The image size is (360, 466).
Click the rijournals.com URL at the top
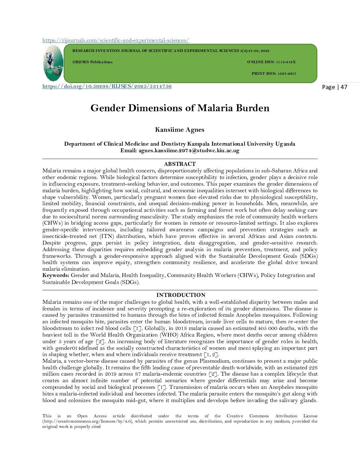[x=115, y=40]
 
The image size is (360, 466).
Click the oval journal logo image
[x=53, y=64]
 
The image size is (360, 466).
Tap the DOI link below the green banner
[x=107, y=86]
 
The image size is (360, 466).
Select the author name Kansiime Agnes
[x=180, y=130]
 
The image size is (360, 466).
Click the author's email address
[x=189, y=151]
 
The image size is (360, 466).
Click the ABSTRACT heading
[x=180, y=164]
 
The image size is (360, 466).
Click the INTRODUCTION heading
[x=181, y=295]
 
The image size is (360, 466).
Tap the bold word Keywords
[x=56, y=275]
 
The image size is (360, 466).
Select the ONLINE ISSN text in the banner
[x=271, y=62]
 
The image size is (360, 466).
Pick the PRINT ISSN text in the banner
[x=274, y=73]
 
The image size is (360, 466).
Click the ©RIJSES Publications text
[x=92, y=62]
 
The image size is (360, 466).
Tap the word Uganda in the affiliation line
[x=285, y=144]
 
